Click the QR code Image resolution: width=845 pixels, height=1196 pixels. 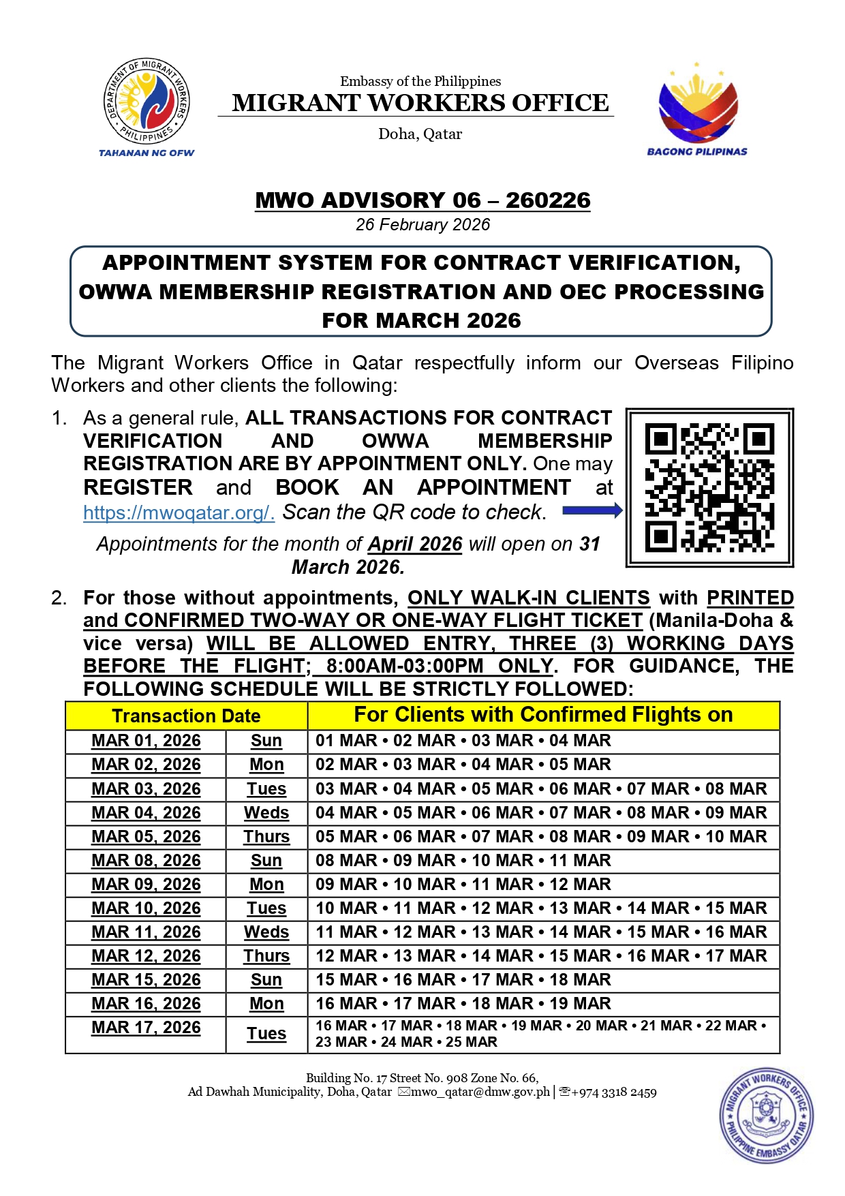click(709, 487)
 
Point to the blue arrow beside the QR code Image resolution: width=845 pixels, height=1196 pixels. click(592, 510)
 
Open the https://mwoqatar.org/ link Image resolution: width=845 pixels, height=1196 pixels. click(179, 512)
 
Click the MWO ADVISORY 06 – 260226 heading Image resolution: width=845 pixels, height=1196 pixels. click(422, 200)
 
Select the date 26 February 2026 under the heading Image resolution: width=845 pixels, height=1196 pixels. click(422, 225)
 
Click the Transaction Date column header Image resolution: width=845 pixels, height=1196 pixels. click(186, 716)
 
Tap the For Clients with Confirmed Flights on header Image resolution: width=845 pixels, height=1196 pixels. click(543, 715)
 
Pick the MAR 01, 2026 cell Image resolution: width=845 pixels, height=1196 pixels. click(146, 741)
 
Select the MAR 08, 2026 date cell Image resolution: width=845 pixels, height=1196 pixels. click(146, 861)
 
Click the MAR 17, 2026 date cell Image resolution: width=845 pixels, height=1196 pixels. click(146, 1028)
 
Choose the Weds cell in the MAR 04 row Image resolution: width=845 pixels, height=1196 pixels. click(266, 813)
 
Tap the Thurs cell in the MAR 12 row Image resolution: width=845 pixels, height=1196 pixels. click(266, 956)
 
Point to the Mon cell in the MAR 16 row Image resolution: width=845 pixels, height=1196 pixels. click(266, 1004)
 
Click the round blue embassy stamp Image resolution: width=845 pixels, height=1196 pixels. click(767, 1115)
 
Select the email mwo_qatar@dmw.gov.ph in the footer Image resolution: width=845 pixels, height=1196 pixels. click(480, 1092)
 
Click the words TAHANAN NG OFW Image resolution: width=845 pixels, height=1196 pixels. click(147, 153)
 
